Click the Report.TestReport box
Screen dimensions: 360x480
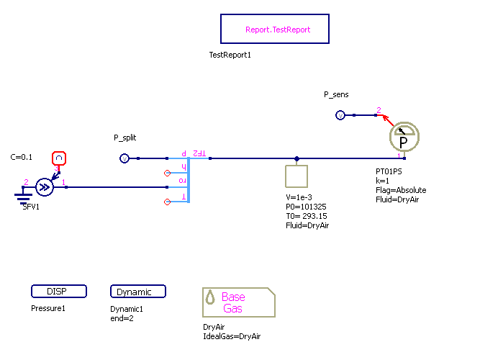275,30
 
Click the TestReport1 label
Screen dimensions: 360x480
230,55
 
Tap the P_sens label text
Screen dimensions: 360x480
336,94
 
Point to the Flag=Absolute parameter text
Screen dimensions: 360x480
401,190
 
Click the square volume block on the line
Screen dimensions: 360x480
296,176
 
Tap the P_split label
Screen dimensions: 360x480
125,138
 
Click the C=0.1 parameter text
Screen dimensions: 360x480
22,157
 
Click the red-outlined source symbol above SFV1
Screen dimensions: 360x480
60,158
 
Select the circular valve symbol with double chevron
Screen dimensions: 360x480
45,188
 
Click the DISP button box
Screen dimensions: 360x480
59,292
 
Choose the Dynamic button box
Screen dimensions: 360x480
138,292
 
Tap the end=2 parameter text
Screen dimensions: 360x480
123,318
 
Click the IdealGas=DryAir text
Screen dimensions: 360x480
232,336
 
